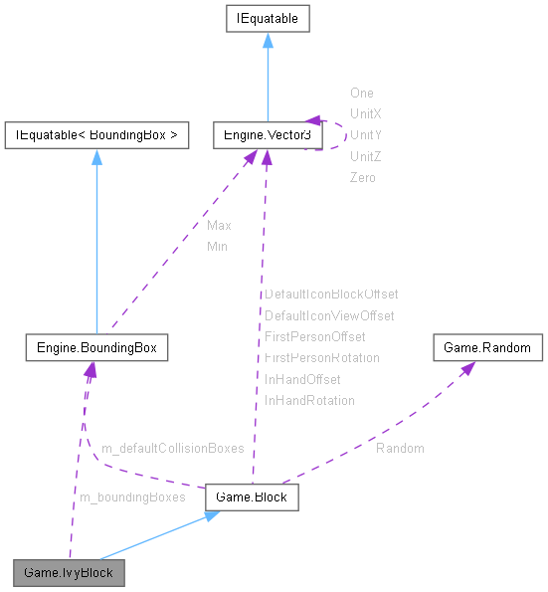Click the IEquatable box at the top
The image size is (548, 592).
[267, 18]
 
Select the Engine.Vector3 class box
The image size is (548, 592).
[267, 134]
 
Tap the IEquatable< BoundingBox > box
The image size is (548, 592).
[96, 134]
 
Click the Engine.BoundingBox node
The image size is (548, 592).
[95, 348]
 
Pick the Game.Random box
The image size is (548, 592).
[487, 348]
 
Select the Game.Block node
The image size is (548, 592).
[251, 495]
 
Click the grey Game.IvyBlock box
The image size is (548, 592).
[69, 573]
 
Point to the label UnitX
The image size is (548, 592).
[366, 114]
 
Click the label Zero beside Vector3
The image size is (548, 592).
[363, 177]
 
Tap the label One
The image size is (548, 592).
[362, 94]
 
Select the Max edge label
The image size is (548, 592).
[219, 226]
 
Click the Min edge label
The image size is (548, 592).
[217, 247]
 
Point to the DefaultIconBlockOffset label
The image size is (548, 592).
[331, 295]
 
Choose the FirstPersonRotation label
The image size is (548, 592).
[321, 357]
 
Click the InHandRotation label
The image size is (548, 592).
[309, 400]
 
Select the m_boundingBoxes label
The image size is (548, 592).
[131, 496]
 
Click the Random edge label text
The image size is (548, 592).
[400, 449]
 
